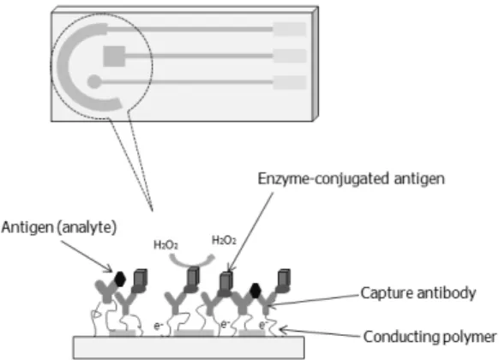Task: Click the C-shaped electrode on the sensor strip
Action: tap(63, 67)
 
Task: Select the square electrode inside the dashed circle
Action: tap(114, 57)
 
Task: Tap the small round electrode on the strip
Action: tap(93, 81)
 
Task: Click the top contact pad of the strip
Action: tap(290, 29)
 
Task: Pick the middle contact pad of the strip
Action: tap(290, 56)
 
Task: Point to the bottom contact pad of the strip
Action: tap(290, 82)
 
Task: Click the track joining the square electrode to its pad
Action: tap(199, 56)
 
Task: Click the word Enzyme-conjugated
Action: tap(323, 179)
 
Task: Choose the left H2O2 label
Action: tap(165, 245)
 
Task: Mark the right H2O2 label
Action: tap(224, 240)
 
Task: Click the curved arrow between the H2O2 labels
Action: tap(191, 263)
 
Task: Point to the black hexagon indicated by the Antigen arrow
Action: tap(120, 279)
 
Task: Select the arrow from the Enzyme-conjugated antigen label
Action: tap(250, 231)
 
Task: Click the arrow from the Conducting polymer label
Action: tap(321, 333)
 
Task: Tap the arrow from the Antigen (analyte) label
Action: tap(87, 256)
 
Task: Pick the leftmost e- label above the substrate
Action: tap(159, 326)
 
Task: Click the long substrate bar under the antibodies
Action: tap(189, 348)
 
